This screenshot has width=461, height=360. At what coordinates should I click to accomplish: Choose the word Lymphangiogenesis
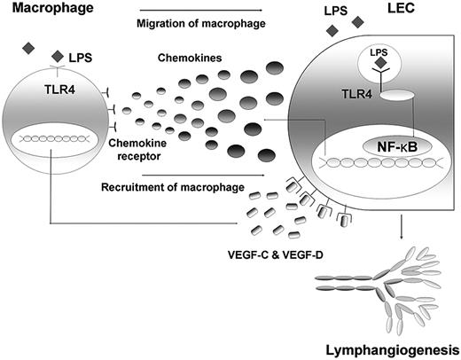(x=391, y=347)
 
